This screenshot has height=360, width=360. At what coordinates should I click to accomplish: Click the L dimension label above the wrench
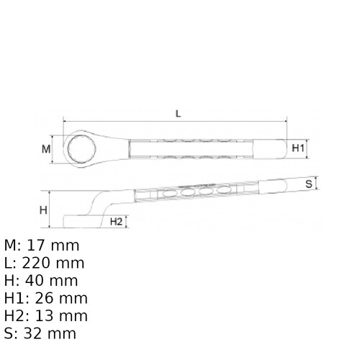pyautogui.click(x=177, y=113)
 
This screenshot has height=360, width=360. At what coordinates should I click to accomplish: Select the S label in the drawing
pyautogui.click(x=308, y=184)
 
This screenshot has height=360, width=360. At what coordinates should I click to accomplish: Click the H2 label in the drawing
pyautogui.click(x=116, y=221)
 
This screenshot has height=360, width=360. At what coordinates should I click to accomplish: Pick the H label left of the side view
pyautogui.click(x=43, y=210)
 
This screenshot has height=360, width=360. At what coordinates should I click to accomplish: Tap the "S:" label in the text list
pyautogui.click(x=11, y=334)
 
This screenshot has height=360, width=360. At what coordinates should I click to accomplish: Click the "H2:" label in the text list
pyautogui.click(x=17, y=316)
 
